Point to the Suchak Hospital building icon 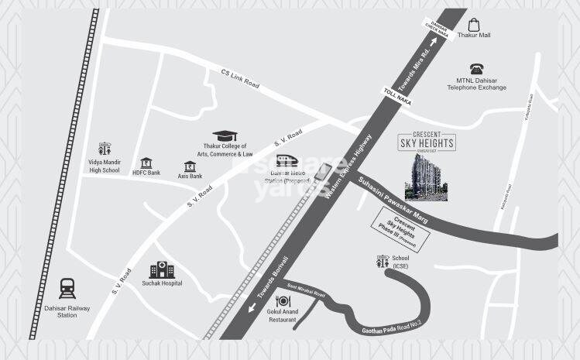tap(160, 269)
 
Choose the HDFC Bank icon tap(146, 163)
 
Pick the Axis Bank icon tap(189, 166)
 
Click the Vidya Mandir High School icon tap(105, 149)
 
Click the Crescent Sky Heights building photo tap(426, 177)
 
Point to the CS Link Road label tap(239, 79)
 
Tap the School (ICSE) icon tap(380, 262)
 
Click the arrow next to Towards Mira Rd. tap(443, 43)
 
